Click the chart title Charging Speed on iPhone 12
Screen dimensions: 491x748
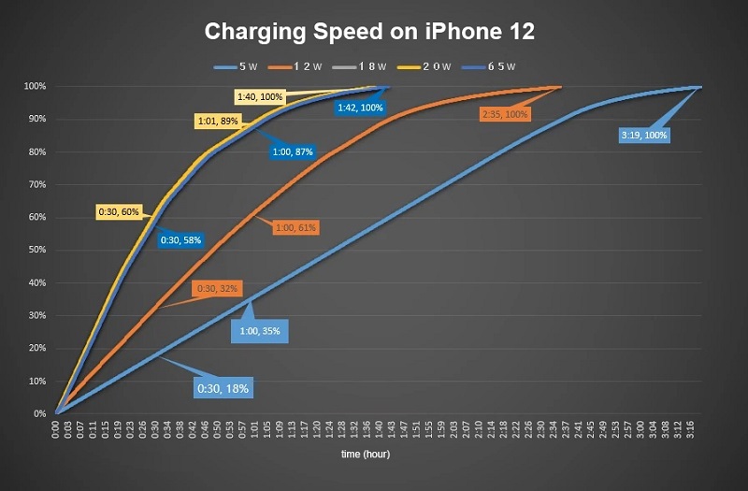pyautogui.click(x=369, y=32)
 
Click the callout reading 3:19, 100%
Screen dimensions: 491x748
pyautogui.click(x=644, y=135)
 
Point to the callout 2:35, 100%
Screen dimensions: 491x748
pyautogui.click(x=505, y=114)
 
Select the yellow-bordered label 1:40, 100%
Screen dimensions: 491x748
pyautogui.click(x=260, y=96)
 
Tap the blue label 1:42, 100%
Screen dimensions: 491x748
pyautogui.click(x=359, y=108)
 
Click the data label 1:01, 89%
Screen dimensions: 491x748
pyautogui.click(x=218, y=121)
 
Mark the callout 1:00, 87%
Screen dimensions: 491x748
pyautogui.click(x=293, y=151)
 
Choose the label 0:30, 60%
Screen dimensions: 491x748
pyautogui.click(x=119, y=212)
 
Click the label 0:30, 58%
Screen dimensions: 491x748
pyautogui.click(x=181, y=240)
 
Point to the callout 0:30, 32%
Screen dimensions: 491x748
pyautogui.click(x=216, y=289)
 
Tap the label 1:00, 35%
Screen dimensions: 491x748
pyautogui.click(x=260, y=330)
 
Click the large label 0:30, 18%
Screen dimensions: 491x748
pyautogui.click(x=223, y=387)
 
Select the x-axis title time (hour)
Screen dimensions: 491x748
pyautogui.click(x=365, y=455)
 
